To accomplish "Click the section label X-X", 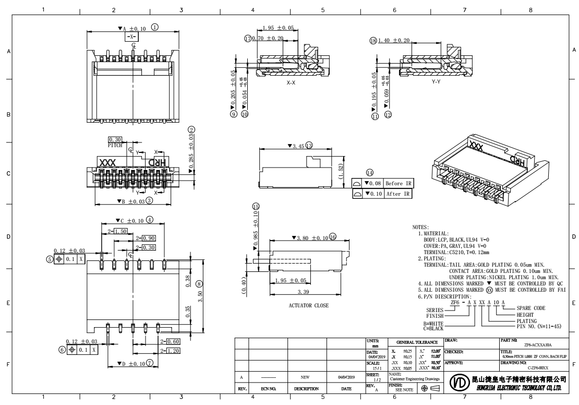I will pyautogui.click(x=292, y=82).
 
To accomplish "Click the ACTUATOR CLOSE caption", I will pyautogui.click(x=309, y=305).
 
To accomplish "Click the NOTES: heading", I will pyautogui.click(x=420, y=228).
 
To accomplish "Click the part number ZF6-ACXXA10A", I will pyautogui.click(x=538, y=345).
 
